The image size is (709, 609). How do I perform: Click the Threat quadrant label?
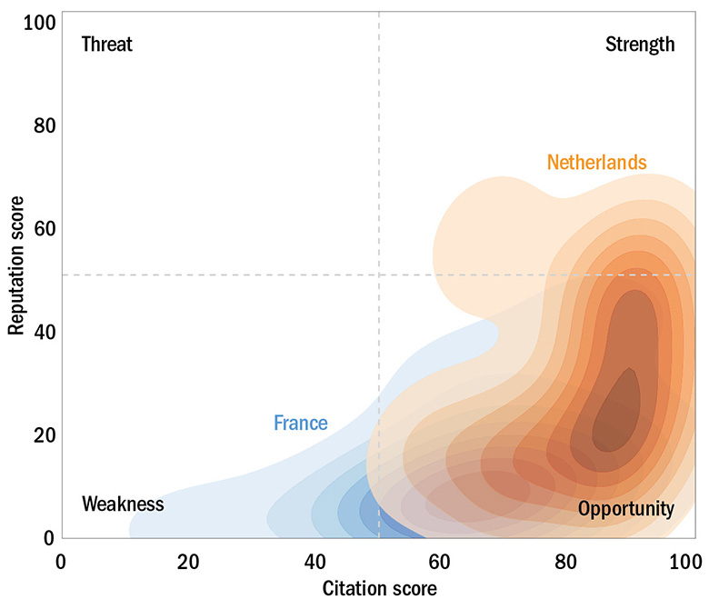click(x=106, y=45)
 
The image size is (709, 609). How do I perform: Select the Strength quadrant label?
click(x=640, y=45)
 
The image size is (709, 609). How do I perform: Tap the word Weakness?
click(x=123, y=504)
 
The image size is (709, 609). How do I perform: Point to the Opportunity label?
click(x=626, y=509)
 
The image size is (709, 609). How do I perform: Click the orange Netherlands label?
click(x=596, y=163)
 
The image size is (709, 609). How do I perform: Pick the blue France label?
click(x=300, y=423)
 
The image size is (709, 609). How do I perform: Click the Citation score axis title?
click(x=379, y=589)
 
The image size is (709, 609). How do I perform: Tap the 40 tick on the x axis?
click(x=315, y=561)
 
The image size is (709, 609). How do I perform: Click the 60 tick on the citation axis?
click(x=442, y=561)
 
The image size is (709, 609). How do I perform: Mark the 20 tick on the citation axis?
click(x=188, y=561)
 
